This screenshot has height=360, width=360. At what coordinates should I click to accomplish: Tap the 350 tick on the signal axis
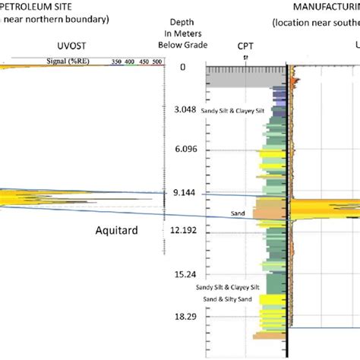117,61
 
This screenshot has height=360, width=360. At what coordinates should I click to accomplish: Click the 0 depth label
182,68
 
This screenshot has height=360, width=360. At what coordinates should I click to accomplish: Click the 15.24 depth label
182,273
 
